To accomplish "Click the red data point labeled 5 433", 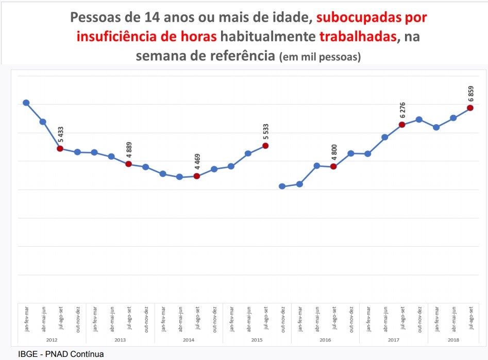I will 60,148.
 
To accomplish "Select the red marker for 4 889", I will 128,164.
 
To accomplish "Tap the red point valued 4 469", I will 196,176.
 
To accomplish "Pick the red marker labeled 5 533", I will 265,145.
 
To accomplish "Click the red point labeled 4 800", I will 333,166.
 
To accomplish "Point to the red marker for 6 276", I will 402,124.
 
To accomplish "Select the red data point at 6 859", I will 470,108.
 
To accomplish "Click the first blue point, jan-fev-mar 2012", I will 26,102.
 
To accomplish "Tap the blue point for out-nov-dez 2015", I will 282,186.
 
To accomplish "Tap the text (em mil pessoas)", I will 319,57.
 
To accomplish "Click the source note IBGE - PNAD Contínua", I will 61,354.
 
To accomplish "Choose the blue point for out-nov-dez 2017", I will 419,119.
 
